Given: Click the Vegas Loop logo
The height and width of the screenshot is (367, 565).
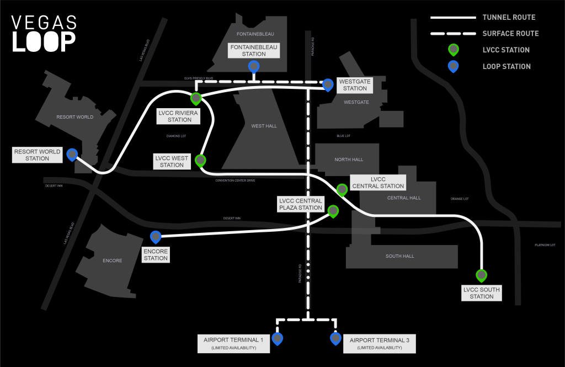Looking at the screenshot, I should click(x=44, y=34).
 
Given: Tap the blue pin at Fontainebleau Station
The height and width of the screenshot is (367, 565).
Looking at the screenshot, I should click(x=254, y=67).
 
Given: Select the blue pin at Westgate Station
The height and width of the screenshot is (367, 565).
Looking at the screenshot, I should click(x=328, y=84).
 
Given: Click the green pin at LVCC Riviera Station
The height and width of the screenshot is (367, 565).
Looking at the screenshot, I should click(x=195, y=98).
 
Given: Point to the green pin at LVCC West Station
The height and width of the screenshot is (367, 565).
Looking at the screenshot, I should click(x=200, y=160).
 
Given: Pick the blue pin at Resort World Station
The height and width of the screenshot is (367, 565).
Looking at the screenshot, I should click(x=72, y=154).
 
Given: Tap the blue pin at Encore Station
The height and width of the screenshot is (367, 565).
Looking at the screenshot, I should click(x=156, y=237).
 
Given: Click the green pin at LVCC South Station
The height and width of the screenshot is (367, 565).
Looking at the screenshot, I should click(x=482, y=275).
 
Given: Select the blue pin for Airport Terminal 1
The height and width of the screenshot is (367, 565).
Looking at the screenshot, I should click(x=277, y=338).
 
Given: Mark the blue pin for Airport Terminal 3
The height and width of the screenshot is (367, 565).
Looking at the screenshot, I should click(x=335, y=338).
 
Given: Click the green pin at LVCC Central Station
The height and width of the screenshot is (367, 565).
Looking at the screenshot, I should click(x=342, y=189).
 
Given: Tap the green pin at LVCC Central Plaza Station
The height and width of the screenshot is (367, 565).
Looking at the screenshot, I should click(x=333, y=211).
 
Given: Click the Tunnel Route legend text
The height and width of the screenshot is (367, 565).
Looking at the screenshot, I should click(x=509, y=18).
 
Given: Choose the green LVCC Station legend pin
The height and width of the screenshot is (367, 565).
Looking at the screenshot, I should click(x=453, y=50).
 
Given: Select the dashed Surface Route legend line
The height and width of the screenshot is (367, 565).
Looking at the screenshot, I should click(x=452, y=34).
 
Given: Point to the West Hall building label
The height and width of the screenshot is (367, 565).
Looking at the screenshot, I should click(x=264, y=126).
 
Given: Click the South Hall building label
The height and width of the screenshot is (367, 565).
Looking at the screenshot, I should click(x=400, y=256).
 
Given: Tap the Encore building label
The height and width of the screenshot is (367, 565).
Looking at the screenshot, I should click(x=113, y=260).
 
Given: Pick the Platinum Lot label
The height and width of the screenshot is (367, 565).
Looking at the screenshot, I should click(x=545, y=245).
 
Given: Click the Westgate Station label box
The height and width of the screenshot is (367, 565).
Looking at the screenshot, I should click(x=355, y=84).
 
